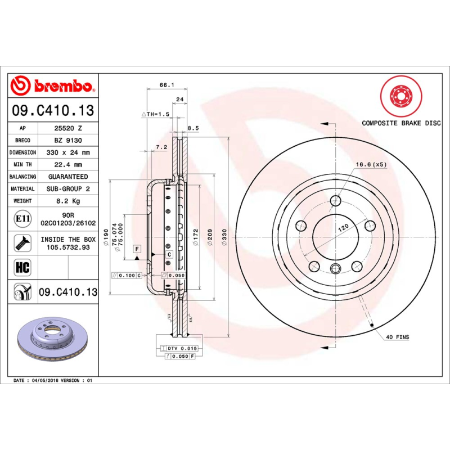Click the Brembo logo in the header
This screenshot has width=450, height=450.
click(52, 86)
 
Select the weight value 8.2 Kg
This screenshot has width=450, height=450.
click(68, 201)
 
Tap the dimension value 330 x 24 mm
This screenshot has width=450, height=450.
click(68, 152)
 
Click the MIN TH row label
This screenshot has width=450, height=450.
click(23, 165)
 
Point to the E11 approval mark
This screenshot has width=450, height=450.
click(22, 218)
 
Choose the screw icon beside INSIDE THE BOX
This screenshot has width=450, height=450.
click(22, 242)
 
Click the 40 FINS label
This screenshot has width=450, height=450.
click(398, 337)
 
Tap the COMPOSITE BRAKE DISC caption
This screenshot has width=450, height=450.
click(401, 123)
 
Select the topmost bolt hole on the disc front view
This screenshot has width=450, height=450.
click(336, 201)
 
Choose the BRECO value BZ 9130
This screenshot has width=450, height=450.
click(68, 140)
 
